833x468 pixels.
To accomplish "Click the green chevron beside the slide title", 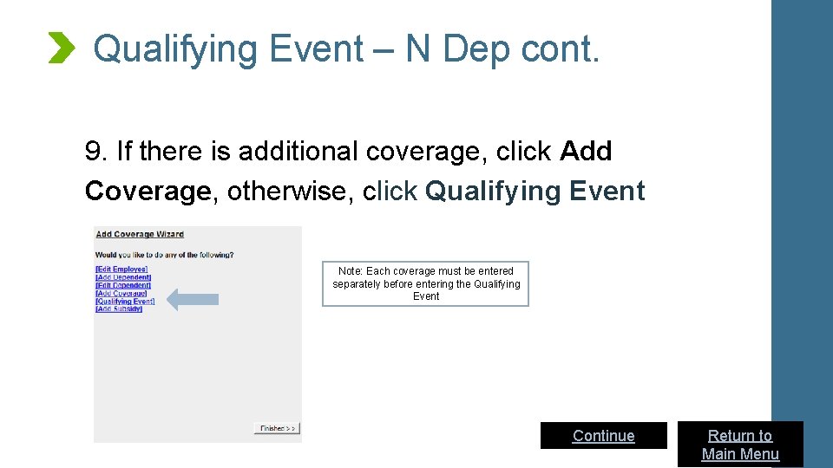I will pyautogui.click(x=61, y=48).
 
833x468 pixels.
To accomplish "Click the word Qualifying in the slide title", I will pyautogui.click(x=174, y=49).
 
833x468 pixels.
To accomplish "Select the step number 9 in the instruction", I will pyautogui.click(x=94, y=152).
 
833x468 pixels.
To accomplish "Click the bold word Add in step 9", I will pyautogui.click(x=587, y=152).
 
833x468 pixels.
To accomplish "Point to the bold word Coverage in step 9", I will pyautogui.click(x=148, y=191).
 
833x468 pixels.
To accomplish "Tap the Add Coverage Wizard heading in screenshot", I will pyautogui.click(x=140, y=234).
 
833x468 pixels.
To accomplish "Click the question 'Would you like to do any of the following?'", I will pyautogui.click(x=164, y=255).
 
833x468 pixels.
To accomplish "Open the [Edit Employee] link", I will pyautogui.click(x=121, y=270).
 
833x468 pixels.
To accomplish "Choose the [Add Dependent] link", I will pyautogui.click(x=123, y=277).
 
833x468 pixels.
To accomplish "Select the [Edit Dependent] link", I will pyautogui.click(x=123, y=285).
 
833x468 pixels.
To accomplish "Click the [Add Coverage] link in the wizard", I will pyautogui.click(x=121, y=293).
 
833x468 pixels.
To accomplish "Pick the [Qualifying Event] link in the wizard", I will pyautogui.click(x=125, y=301).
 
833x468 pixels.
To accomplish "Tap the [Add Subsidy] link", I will pyautogui.click(x=119, y=309).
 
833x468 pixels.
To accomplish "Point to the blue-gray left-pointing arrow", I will pyautogui.click(x=192, y=300).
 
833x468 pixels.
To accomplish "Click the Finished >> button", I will pyautogui.click(x=277, y=428).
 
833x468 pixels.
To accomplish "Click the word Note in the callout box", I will pyautogui.click(x=351, y=271).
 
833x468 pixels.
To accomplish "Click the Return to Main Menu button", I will pyautogui.click(x=740, y=445).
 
